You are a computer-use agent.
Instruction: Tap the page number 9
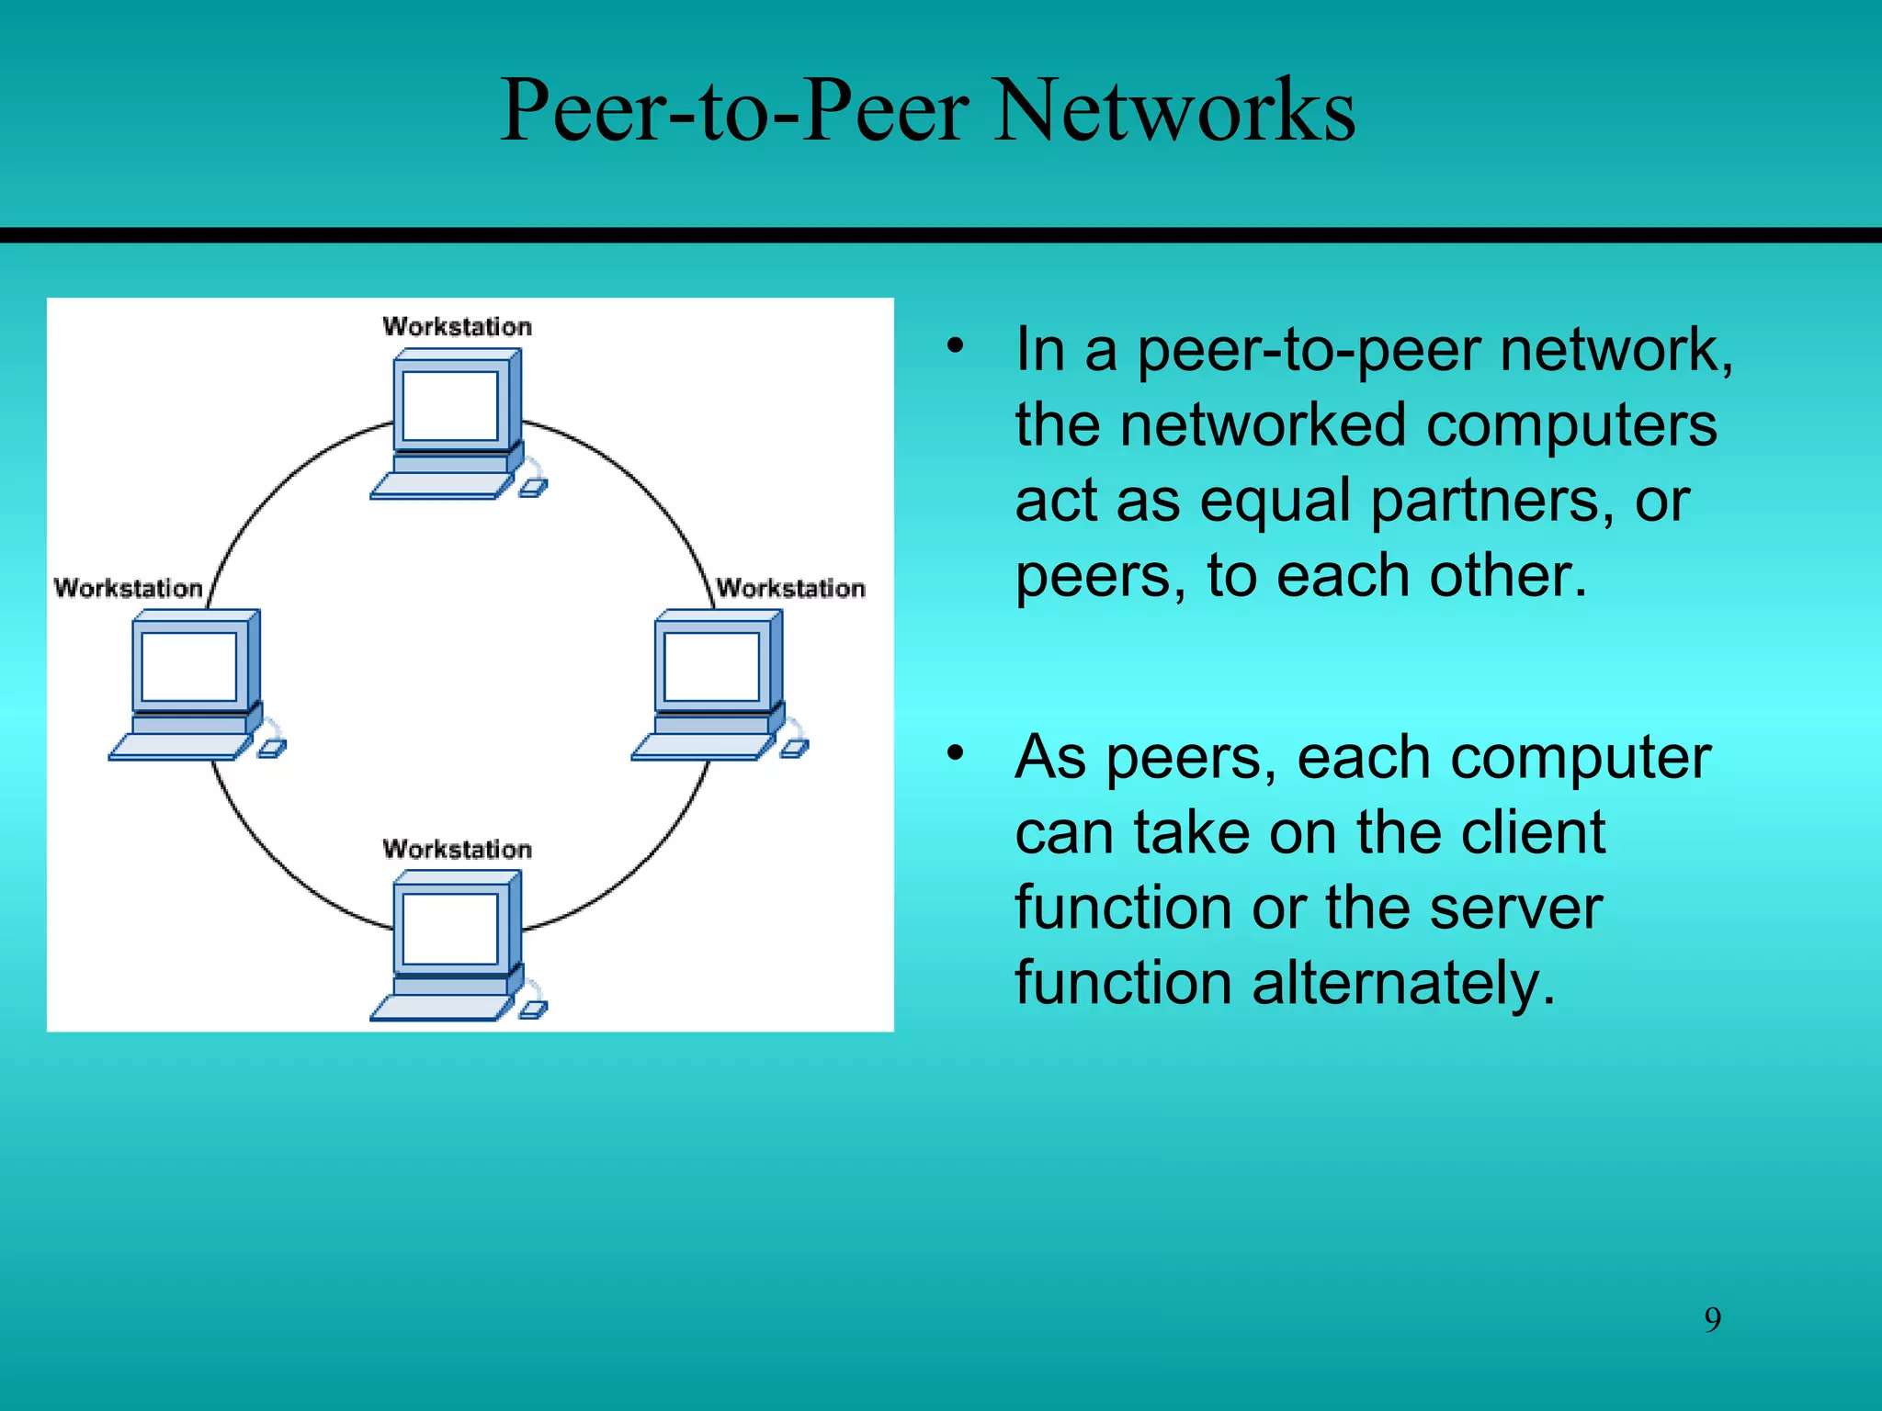click(1712, 1319)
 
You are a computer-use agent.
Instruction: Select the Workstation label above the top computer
click(457, 326)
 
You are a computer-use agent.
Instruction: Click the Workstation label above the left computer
click(128, 588)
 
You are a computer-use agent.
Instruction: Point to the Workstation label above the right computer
click(790, 588)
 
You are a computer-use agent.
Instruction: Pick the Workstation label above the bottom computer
click(457, 849)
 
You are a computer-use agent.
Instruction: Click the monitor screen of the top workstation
click(450, 406)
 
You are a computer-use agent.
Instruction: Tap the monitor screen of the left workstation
click(189, 667)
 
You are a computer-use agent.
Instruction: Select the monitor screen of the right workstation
click(711, 667)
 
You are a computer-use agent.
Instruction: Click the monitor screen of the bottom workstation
click(450, 928)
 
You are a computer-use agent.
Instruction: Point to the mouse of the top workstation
click(533, 488)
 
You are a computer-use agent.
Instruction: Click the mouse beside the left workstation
click(272, 749)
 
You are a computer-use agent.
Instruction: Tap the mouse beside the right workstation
click(795, 749)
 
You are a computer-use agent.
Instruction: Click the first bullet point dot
click(956, 346)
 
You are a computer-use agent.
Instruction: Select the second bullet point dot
click(956, 753)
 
